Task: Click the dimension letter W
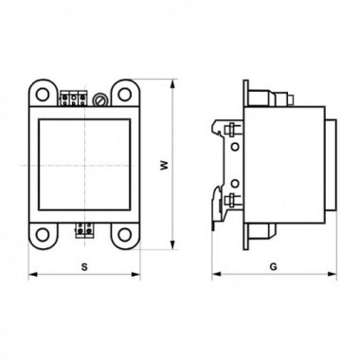pyautogui.click(x=164, y=166)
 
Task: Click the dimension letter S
pyautogui.click(x=84, y=267)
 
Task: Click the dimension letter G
pyautogui.click(x=274, y=267)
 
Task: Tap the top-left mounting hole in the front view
pyautogui.click(x=42, y=94)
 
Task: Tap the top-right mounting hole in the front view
pyautogui.click(x=125, y=94)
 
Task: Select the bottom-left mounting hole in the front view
pyautogui.click(x=42, y=235)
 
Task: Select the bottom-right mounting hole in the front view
pyautogui.click(x=125, y=235)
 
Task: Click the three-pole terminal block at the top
pyautogui.click(x=73, y=99)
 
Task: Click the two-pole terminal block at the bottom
pyautogui.click(x=85, y=230)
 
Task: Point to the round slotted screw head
pyautogui.click(x=99, y=99)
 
